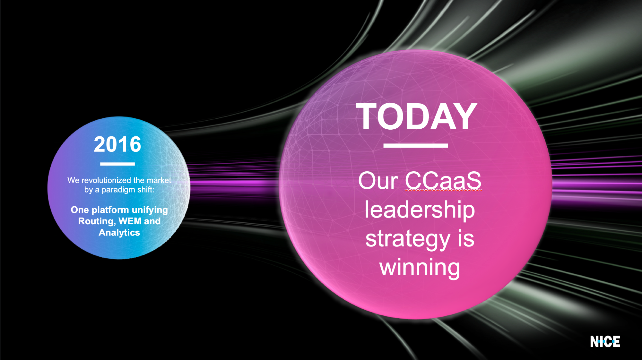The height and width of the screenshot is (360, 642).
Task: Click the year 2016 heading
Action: pyautogui.click(x=117, y=144)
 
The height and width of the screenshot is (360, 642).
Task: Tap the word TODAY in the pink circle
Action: pyautogui.click(x=416, y=116)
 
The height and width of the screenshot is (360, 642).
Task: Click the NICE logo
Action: pyautogui.click(x=605, y=342)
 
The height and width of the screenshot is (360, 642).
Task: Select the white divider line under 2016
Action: pyautogui.click(x=117, y=164)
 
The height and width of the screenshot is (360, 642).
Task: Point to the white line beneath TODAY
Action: pyautogui.click(x=415, y=146)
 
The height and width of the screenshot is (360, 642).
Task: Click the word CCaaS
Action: pyautogui.click(x=443, y=181)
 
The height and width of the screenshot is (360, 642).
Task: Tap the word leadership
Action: pyautogui.click(x=420, y=210)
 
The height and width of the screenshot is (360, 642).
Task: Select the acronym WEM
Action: pyautogui.click(x=130, y=221)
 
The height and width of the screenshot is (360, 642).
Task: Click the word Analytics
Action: pyautogui.click(x=119, y=233)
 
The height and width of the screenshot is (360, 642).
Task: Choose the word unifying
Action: pyautogui.click(x=150, y=210)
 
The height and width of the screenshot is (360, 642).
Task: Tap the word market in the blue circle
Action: pyautogui.click(x=159, y=180)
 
